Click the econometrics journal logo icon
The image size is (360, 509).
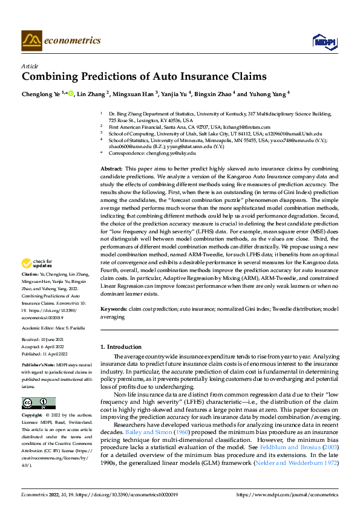coord(31,41)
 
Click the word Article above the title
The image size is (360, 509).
coord(30,66)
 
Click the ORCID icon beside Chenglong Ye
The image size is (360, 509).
coord(71,94)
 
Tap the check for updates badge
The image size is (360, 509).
coord(35,264)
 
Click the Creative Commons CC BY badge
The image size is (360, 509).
coord(38,386)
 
